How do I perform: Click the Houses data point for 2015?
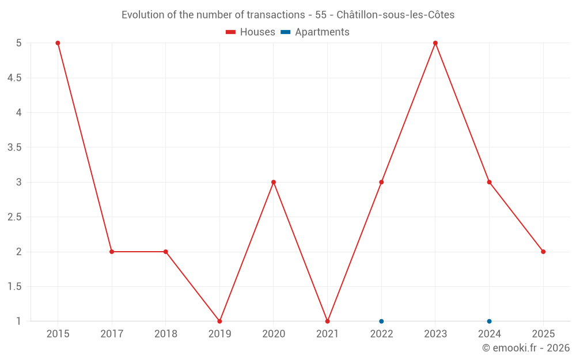pos(58,43)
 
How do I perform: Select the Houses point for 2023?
pos(435,43)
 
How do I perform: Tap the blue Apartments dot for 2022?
pos(381,321)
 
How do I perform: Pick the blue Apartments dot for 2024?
pos(489,321)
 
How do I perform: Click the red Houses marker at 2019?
pos(219,321)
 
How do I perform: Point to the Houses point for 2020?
pos(274,182)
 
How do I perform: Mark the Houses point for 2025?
pos(543,252)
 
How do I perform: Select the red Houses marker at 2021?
pos(327,321)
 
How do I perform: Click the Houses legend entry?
pos(251,32)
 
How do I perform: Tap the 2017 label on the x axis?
pos(112,334)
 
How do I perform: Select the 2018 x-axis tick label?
pos(165,334)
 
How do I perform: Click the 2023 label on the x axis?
pos(435,334)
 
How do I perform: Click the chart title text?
pos(288,15)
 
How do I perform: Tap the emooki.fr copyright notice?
pos(526,348)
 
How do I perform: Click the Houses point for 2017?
pos(112,252)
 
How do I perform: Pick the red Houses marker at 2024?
pos(489,182)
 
